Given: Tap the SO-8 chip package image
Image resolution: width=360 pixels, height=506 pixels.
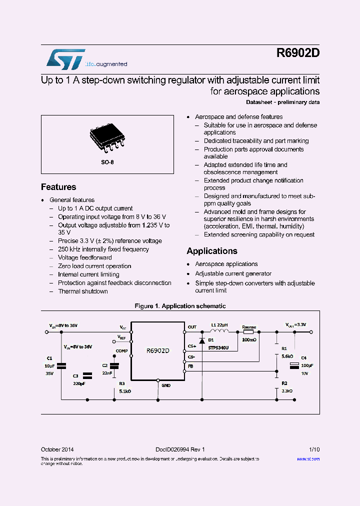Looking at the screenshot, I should (x=106, y=139).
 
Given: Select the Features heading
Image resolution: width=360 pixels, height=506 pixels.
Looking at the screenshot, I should (x=58, y=187).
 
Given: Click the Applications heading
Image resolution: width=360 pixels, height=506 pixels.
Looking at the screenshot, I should (x=212, y=251).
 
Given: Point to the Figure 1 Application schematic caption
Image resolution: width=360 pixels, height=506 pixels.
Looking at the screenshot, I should (x=180, y=306).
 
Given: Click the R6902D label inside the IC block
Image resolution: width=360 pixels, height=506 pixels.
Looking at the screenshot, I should (x=158, y=351).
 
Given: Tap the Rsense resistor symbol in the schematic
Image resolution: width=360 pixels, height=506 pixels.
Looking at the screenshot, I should (x=248, y=331).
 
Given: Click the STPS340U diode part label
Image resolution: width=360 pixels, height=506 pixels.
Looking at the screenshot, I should (x=218, y=347).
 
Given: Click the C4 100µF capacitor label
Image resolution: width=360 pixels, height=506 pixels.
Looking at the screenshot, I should (x=304, y=358).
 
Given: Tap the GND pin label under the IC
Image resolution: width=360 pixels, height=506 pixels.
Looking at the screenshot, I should (x=165, y=385).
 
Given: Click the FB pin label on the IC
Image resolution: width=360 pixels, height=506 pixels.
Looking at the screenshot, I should (x=190, y=366).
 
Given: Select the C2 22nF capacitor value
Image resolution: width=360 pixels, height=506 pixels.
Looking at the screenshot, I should (x=107, y=373).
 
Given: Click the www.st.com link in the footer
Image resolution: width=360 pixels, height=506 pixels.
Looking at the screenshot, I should (x=308, y=458).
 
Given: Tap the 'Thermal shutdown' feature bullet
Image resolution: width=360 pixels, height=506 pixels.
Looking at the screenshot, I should (x=83, y=291).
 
